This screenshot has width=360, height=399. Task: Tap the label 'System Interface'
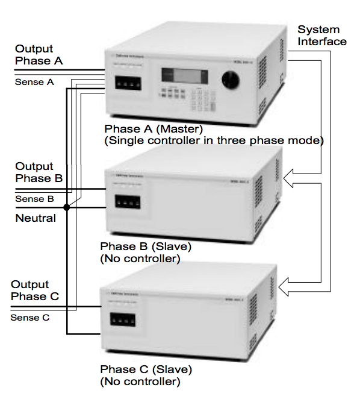tap(322, 36)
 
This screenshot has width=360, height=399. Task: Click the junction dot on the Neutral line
tap(67, 207)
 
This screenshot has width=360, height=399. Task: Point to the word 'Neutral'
tap(36, 218)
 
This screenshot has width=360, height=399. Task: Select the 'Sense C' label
tap(29, 317)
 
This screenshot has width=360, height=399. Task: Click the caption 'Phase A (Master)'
tap(154, 129)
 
